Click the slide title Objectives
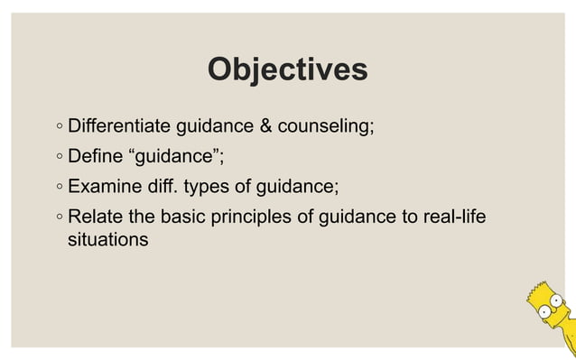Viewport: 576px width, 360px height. pyautogui.click(x=287, y=69)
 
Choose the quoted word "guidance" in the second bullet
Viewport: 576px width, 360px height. pyautogui.click(x=177, y=157)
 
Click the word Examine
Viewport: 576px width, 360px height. pyautogui.click(x=107, y=187)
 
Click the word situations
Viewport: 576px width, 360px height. pyautogui.click(x=108, y=241)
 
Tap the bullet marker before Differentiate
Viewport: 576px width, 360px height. pyautogui.click(x=58, y=126)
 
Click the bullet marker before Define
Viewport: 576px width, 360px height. pyautogui.click(x=58, y=157)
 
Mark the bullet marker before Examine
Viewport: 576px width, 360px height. pyautogui.click(x=58, y=188)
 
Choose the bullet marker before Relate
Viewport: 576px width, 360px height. pyautogui.click(x=58, y=218)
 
